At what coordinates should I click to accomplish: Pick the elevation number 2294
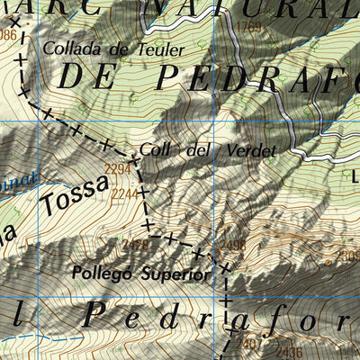pos(118,169)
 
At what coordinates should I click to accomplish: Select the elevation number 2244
pos(124,193)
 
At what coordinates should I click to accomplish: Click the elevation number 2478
pos(134,244)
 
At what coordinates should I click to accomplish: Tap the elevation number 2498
pos(233,245)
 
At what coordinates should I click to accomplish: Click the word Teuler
pos(162,49)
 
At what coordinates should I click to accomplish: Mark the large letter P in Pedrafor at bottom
pos(95,314)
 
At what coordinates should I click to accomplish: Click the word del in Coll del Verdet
pos(196,150)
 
